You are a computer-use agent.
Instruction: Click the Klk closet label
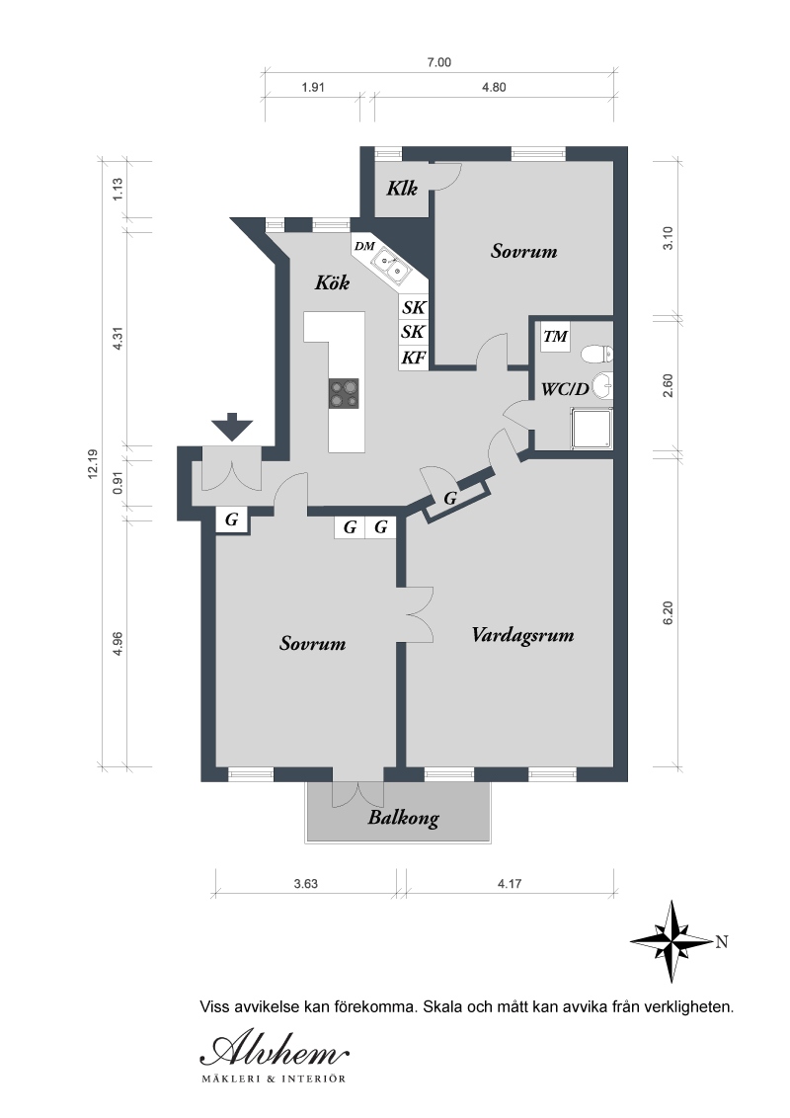[402, 189]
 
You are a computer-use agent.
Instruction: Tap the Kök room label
[332, 282]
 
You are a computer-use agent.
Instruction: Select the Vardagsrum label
[522, 635]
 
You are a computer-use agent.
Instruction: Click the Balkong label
[404, 818]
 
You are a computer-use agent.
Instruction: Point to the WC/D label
[566, 389]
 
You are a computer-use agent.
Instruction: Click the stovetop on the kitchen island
[344, 394]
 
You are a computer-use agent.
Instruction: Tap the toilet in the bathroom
[597, 354]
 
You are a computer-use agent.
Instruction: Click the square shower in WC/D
[592, 429]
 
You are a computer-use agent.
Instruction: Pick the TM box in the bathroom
[555, 337]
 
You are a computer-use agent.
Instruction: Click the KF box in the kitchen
[413, 358]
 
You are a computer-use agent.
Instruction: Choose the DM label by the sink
[364, 247]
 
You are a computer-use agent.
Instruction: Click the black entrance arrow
[232, 427]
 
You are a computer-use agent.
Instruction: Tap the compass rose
[671, 941]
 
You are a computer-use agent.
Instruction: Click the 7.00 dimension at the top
[439, 63]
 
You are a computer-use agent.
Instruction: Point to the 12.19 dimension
[93, 464]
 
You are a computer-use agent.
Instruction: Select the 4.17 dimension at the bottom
[510, 883]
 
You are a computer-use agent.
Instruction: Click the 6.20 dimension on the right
[669, 613]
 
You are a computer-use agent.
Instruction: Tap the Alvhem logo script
[275, 1049]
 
